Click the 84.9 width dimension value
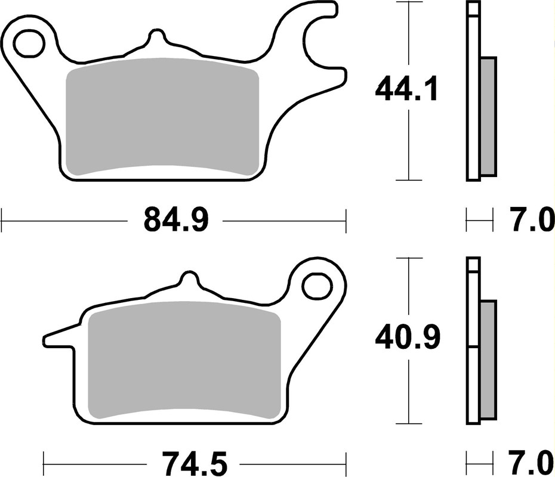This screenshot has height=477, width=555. coord(175,220)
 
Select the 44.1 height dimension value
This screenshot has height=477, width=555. coord(407,90)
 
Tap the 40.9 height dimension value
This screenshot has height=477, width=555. coord(408,339)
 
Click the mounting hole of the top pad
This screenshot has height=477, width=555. coord(29,44)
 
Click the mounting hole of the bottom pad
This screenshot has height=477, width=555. coord(316,286)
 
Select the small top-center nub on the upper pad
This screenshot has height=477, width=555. coord(157,38)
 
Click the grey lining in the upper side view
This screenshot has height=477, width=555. coord(488,116)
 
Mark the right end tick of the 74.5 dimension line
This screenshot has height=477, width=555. coord(346,461)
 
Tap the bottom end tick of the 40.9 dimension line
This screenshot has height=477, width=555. coord(408,425)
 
